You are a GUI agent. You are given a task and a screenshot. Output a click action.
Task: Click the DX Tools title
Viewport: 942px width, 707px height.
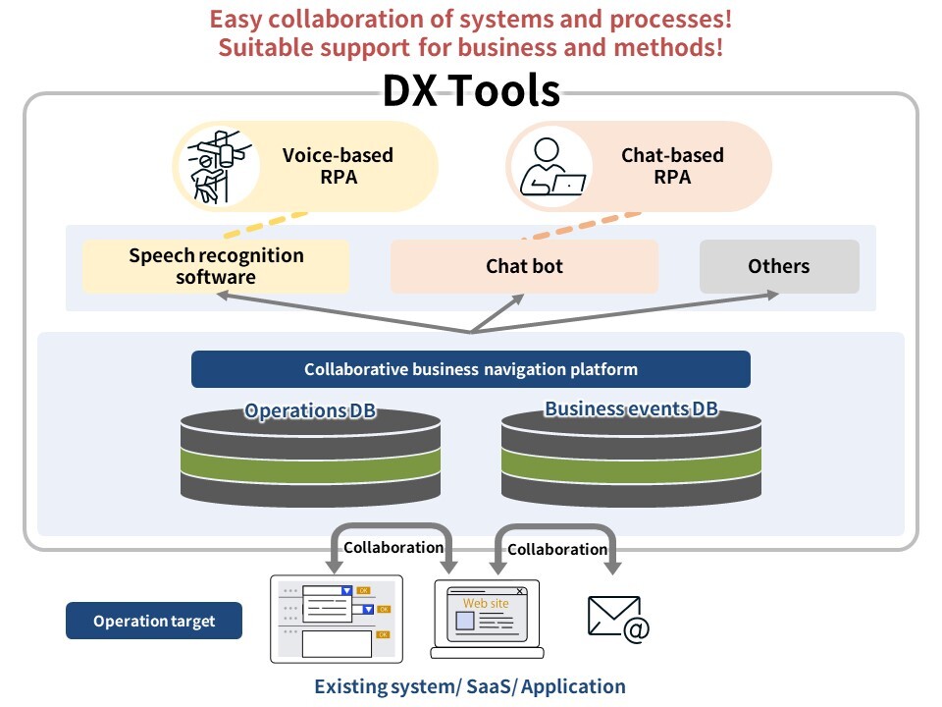click(470, 91)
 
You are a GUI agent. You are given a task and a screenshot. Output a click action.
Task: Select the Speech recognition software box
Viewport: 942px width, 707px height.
click(216, 266)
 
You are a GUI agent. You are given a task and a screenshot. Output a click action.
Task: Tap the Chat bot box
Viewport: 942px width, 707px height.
click(524, 266)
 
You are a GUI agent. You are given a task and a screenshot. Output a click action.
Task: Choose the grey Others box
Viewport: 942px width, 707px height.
click(779, 266)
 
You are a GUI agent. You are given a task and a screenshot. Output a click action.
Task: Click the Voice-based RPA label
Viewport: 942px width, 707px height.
click(338, 166)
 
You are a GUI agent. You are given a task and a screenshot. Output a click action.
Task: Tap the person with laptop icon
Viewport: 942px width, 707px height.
click(550, 167)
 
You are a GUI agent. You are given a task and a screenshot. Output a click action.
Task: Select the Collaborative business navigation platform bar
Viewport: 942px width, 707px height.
click(471, 369)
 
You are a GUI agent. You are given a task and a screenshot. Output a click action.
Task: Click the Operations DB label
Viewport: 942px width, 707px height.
click(310, 410)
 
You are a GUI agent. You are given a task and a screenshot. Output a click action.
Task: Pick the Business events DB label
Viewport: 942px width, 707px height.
click(631, 408)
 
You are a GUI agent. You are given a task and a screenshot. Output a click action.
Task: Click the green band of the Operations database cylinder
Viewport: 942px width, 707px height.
click(310, 462)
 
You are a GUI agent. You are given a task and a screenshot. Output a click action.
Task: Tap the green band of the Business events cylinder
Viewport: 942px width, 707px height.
click(631, 462)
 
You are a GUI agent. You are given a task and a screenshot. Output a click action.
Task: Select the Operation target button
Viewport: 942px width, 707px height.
click(154, 621)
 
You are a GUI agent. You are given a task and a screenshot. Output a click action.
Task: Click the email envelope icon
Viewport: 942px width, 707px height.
click(617, 617)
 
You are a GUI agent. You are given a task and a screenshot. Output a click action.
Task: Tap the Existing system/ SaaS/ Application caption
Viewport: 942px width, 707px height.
click(470, 686)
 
